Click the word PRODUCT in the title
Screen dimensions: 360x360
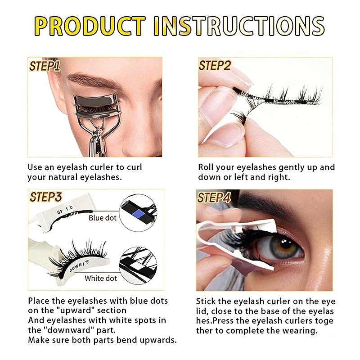pyautogui.click(x=90, y=26)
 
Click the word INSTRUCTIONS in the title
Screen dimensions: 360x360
pyautogui.click(x=239, y=26)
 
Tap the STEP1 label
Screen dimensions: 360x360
pyautogui.click(x=45, y=66)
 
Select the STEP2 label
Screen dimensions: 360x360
pyautogui.click(x=215, y=65)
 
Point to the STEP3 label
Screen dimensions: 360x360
pyautogui.click(x=46, y=197)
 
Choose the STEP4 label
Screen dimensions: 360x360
pyautogui.click(x=214, y=198)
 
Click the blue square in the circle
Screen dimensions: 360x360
pyautogui.click(x=139, y=214)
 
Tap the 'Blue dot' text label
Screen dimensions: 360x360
pyautogui.click(x=103, y=218)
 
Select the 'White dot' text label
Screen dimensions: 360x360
pyautogui.click(x=101, y=278)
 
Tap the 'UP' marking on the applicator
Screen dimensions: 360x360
pyautogui.click(x=60, y=211)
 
